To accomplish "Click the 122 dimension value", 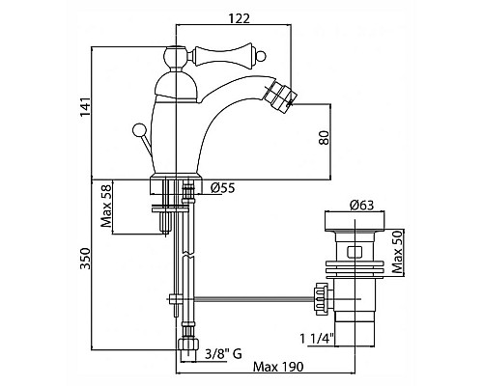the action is click(x=240, y=18).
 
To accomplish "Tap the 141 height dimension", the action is click(x=85, y=107).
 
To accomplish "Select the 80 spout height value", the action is click(x=325, y=137).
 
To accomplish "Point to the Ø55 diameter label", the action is click(x=223, y=188).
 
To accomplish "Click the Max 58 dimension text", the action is click(x=106, y=206).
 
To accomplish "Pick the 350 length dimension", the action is click(x=85, y=259).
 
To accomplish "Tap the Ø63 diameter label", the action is click(x=362, y=206).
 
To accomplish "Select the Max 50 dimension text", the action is click(x=398, y=252).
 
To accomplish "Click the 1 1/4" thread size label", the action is click(x=317, y=339).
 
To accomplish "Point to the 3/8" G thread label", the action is click(x=223, y=354).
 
